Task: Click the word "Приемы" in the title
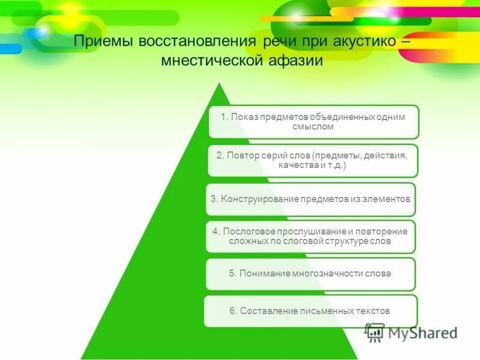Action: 103,43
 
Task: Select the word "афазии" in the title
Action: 295,61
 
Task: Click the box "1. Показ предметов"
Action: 313,122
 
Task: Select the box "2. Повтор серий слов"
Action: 312,160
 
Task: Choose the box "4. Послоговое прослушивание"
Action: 310,236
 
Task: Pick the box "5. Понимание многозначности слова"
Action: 310,274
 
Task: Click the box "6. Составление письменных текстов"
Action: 310,311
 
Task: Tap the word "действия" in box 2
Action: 384,155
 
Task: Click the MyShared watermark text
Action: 422,332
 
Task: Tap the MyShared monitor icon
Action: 375,332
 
